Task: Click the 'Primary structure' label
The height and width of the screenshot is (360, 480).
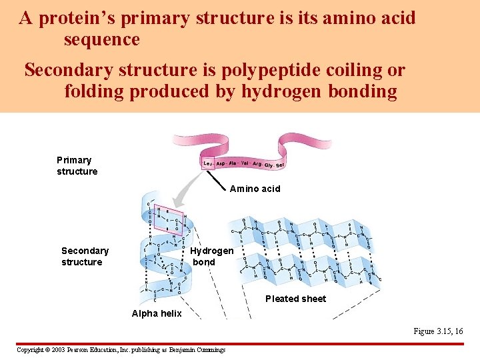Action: (77, 165)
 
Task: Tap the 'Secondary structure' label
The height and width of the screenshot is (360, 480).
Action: (85, 256)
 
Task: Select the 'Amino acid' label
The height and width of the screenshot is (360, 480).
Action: (255, 189)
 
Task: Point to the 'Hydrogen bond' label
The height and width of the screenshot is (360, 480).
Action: (211, 256)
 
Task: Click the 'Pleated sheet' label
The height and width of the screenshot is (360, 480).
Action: (295, 299)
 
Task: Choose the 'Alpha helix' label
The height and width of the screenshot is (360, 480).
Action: (157, 313)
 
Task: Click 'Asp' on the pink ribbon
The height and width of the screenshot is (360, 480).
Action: (221, 163)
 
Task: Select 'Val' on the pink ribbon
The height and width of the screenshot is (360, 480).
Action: (244, 163)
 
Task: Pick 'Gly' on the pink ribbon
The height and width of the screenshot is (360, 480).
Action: (268, 165)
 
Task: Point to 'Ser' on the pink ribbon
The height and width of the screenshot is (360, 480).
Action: (280, 165)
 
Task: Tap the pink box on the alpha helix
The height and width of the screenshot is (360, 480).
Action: (168, 217)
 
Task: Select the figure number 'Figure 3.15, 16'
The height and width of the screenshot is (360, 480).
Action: (438, 331)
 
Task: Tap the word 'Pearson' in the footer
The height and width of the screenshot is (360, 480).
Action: (91, 349)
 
